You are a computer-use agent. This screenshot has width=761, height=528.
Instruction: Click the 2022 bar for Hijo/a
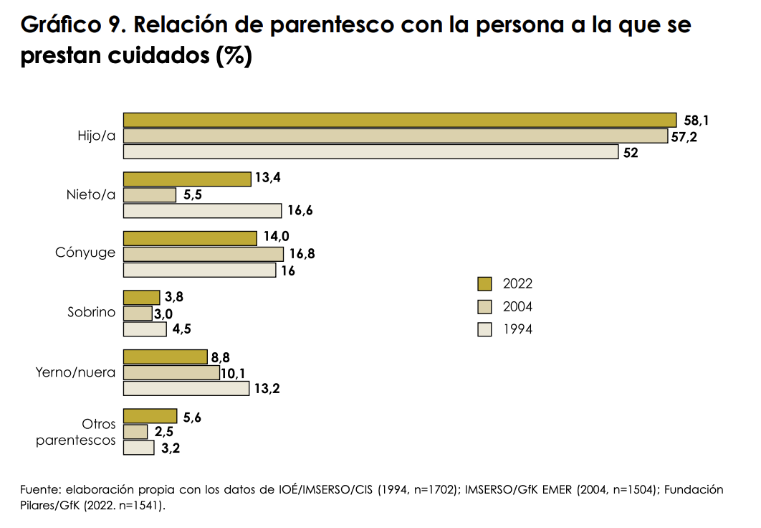pyautogui.click(x=400, y=120)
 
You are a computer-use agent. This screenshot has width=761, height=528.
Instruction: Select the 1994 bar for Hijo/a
pyautogui.click(x=370, y=151)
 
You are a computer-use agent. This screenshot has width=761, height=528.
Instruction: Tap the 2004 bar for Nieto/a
pyautogui.click(x=150, y=195)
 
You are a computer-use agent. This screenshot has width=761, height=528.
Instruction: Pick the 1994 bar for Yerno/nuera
pyautogui.click(x=186, y=389)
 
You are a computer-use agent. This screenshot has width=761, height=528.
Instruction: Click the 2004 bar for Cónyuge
pyautogui.click(x=204, y=255)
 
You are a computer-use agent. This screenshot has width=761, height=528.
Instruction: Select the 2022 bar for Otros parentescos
pyautogui.click(x=150, y=416)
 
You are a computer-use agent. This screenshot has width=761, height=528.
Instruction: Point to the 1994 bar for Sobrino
pyautogui.click(x=145, y=329)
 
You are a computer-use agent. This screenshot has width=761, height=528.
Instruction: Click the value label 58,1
pyautogui.click(x=697, y=121)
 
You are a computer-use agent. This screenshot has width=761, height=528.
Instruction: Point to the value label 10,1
pyautogui.click(x=234, y=373)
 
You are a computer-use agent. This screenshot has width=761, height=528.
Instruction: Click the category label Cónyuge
pyautogui.click(x=85, y=253)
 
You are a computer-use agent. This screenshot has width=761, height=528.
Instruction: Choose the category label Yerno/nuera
pyautogui.click(x=76, y=372)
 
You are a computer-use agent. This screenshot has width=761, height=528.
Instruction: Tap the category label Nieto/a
pyautogui.click(x=91, y=194)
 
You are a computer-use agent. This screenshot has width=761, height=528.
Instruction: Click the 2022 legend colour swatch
pyautogui.click(x=485, y=283)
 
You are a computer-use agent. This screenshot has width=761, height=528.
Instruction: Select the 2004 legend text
pyautogui.click(x=517, y=307)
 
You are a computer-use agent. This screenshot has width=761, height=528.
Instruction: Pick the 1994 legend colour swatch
pyautogui.click(x=485, y=330)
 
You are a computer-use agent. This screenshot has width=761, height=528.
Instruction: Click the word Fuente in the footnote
pyautogui.click(x=39, y=490)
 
